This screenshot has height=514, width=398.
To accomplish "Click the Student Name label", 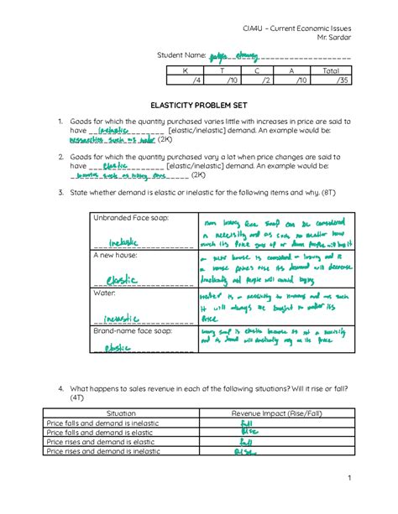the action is pos(181,56).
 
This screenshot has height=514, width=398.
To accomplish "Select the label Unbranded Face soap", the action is pos(130,217).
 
